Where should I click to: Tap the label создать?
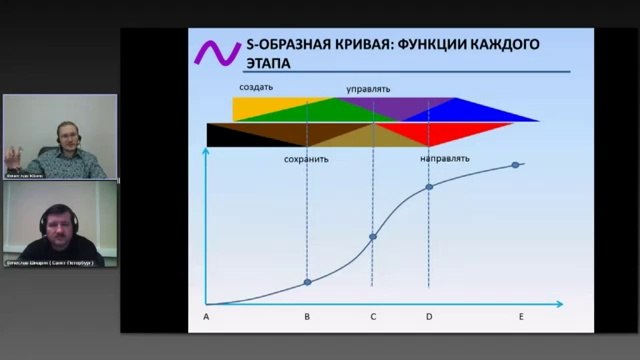[256, 87]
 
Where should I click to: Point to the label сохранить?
[306, 158]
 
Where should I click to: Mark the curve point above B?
[307, 283]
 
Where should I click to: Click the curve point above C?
[373, 237]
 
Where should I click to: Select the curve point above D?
[429, 186]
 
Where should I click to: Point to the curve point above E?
[516, 165]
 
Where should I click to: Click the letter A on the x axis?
[205, 317]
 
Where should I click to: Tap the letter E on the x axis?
[521, 317]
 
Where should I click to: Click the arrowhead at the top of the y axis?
[206, 151]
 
